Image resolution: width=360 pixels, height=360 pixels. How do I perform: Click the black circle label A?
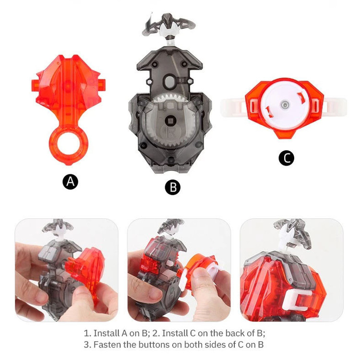tap(70, 182)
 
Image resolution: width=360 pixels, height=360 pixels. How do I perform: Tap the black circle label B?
tap(173, 187)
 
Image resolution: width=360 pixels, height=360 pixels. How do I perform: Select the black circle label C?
tap(286, 158)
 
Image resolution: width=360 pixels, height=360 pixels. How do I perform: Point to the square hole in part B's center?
tap(171, 120)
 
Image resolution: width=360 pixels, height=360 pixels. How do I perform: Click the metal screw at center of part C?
tap(285, 105)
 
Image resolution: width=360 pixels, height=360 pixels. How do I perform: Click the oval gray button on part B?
tap(170, 81)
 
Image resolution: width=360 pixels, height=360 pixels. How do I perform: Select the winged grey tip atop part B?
tap(168, 25)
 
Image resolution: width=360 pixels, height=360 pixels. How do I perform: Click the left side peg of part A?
tap(35, 85)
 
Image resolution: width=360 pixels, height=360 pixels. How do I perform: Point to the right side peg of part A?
tap(102, 84)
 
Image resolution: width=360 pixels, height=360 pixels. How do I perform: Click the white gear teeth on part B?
tap(170, 97)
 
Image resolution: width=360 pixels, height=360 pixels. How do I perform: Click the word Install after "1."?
tap(106, 333)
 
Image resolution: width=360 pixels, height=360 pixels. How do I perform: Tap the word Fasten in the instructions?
tap(107, 344)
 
